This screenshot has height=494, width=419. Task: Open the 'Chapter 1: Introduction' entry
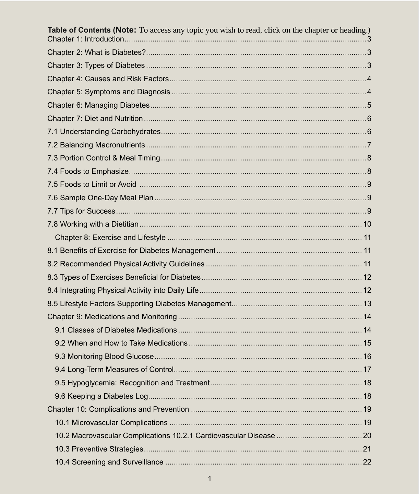pyautogui.click(x=86, y=39)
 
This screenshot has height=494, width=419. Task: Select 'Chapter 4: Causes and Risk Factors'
pyautogui.click(x=108, y=79)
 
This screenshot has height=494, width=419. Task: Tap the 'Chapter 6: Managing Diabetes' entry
pyautogui.click(x=98, y=105)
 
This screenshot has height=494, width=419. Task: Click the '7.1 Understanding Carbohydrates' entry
pyautogui.click(x=104, y=132)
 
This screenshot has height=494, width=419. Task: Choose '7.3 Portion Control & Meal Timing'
pyautogui.click(x=104, y=158)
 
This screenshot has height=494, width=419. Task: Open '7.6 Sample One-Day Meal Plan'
pyautogui.click(x=100, y=198)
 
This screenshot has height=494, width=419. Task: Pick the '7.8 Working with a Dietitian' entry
pyautogui.click(x=93, y=224)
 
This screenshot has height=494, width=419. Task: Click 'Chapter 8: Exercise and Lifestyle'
pyautogui.click(x=110, y=238)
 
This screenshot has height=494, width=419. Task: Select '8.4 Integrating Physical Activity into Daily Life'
pyautogui.click(x=123, y=290)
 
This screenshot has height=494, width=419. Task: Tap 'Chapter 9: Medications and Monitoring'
pyautogui.click(x=112, y=317)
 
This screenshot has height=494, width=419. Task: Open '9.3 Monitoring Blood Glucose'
pyautogui.click(x=104, y=357)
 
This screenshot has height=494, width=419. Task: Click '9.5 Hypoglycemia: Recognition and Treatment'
pyautogui.click(x=132, y=383)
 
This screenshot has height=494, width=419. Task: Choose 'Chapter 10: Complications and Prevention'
pyautogui.click(x=118, y=409)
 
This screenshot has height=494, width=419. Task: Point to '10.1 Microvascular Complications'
pyautogui.click(x=111, y=423)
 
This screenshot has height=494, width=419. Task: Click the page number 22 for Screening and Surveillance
pyautogui.click(x=367, y=462)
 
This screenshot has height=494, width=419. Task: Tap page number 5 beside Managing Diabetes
pyautogui.click(x=369, y=105)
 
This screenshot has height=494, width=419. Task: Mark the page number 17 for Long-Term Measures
pyautogui.click(x=367, y=370)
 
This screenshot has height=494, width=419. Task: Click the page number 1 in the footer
pyautogui.click(x=209, y=479)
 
